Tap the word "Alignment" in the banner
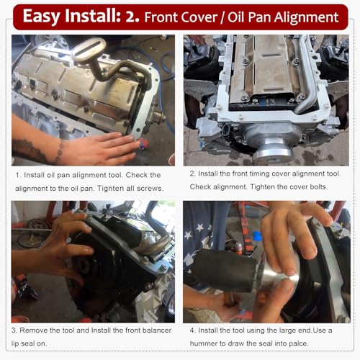[x=300, y=17]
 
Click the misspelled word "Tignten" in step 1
[x=117, y=187]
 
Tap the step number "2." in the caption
[x=194, y=174]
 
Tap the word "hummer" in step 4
[x=209, y=343]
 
